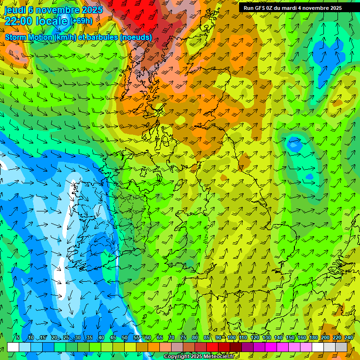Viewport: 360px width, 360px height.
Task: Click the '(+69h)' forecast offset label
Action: (81, 21)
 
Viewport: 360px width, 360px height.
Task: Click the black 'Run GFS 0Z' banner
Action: (292, 8)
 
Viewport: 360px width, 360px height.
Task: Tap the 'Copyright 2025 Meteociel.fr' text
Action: (199, 357)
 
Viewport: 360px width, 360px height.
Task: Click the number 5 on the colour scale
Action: (18, 338)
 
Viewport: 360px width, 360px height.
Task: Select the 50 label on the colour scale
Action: (125, 338)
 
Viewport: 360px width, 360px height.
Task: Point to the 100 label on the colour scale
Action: (232, 338)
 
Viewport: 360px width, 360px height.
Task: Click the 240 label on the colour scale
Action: (349, 338)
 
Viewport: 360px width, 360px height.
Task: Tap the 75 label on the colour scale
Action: (183, 338)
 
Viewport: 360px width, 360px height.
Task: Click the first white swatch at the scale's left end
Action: (13, 347)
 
